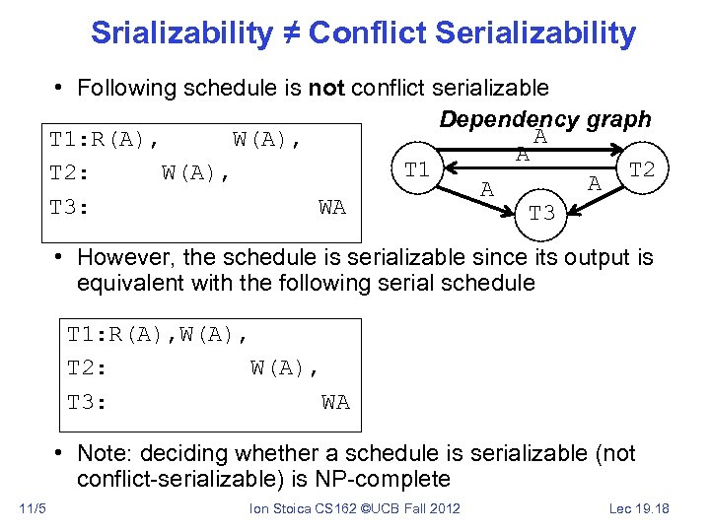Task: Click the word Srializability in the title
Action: (181, 33)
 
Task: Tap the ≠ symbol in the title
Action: (290, 33)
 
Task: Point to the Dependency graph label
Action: (544, 119)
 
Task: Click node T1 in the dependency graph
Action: (417, 169)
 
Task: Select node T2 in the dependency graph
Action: (642, 168)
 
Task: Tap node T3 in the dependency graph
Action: (541, 213)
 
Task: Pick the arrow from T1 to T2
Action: (532, 148)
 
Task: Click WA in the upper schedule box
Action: (332, 207)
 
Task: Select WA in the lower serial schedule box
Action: (335, 402)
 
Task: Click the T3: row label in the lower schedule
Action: (88, 402)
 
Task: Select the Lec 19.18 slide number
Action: (640, 508)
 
